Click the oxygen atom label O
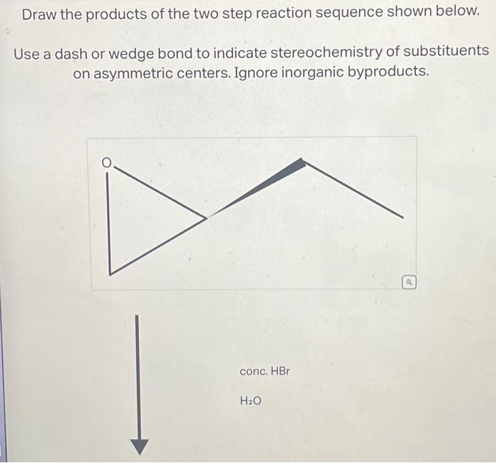tap(106, 163)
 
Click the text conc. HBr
tap(265, 372)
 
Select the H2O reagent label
tap(251, 401)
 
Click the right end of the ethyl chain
tap(402, 217)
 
